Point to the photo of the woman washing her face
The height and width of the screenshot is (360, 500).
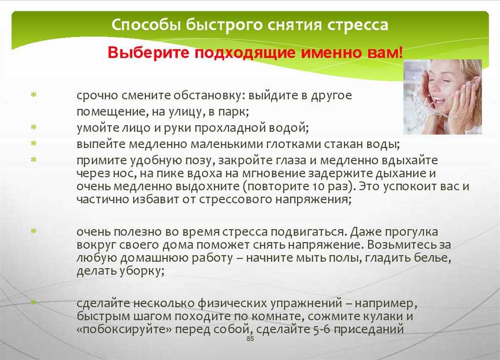442,97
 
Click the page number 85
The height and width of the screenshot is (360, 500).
250,339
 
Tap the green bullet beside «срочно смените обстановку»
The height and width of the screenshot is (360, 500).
34,95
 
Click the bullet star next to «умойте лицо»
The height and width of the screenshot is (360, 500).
34,127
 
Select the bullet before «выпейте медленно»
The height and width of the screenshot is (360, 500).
34,144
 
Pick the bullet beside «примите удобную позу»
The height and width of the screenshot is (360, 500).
34,160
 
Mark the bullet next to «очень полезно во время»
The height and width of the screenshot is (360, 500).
34,231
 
